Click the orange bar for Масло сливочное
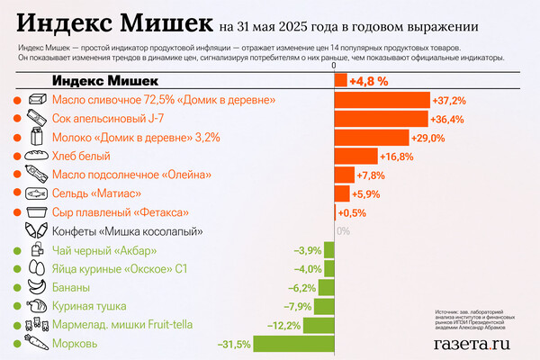382,99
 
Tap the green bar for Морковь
294,343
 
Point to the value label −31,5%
233,343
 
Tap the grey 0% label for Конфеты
343,230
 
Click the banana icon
37,287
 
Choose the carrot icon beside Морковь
37,343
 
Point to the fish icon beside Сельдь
37,193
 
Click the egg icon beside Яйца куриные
37,268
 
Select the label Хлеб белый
82,156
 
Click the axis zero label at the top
334,66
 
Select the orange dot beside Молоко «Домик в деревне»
17,138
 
